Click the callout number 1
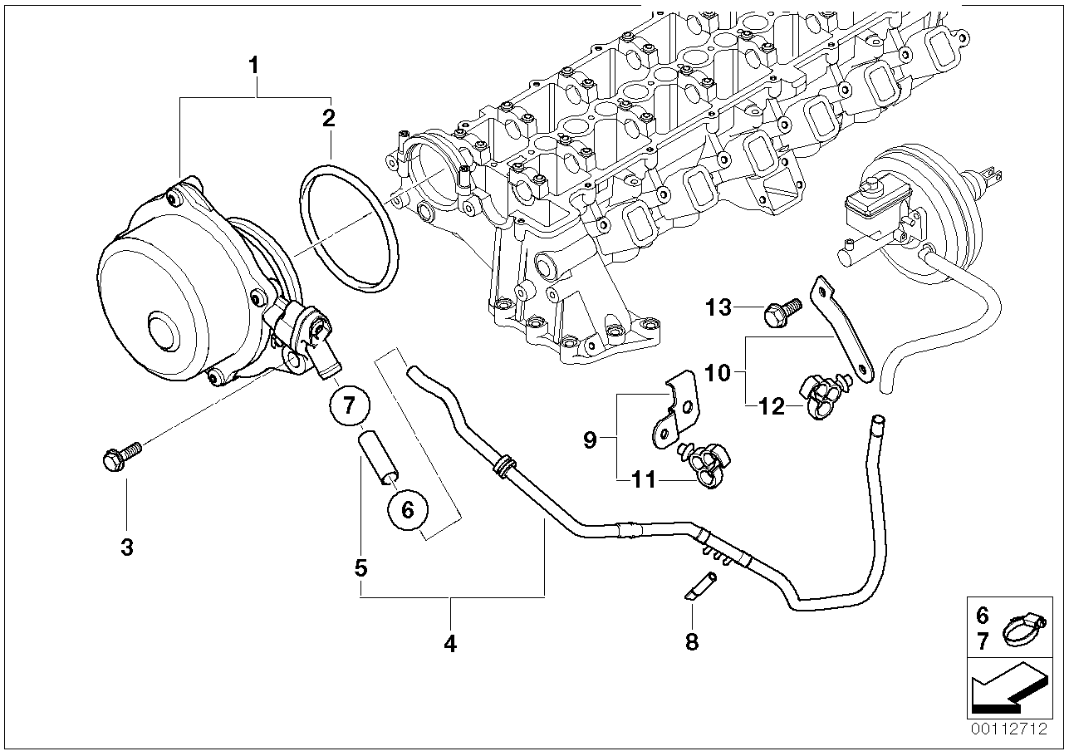tap(255, 64)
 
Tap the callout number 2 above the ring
tap(329, 117)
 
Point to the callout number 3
tap(126, 547)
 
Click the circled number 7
tap(349, 405)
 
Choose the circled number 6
tap(407, 509)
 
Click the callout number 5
tap(360, 568)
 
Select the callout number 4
tap(449, 643)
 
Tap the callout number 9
tap(590, 439)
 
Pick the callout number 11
tap(643, 479)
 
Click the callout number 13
tap(719, 308)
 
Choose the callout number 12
tap(772, 406)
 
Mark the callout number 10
tap(719, 373)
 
